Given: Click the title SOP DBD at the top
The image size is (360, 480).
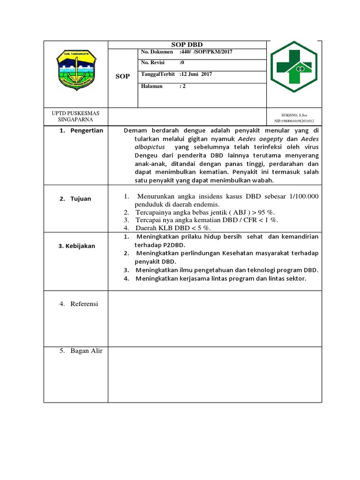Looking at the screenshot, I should click(x=187, y=44).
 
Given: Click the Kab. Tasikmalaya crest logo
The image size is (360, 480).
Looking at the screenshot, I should click(x=75, y=72).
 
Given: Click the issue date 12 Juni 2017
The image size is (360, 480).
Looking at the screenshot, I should click(x=196, y=75).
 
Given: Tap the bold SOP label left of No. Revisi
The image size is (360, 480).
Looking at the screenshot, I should click(x=122, y=76).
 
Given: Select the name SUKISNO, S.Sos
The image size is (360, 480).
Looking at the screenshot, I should click(x=294, y=114).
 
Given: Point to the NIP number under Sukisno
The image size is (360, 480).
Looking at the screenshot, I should click(x=294, y=120).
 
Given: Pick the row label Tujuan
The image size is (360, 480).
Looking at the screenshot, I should click(x=81, y=199).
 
